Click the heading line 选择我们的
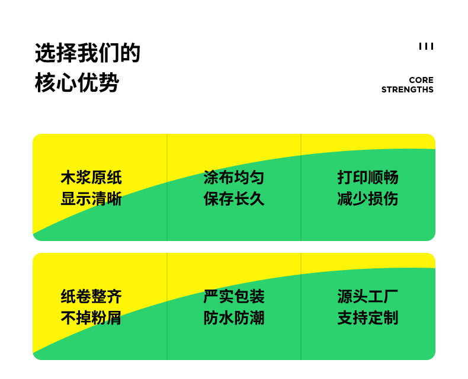pos(88,53)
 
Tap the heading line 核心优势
pos(77,83)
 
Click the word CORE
pos(421,80)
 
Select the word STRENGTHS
pos(408,90)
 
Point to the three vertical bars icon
pos(426,46)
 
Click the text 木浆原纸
pos(91,177)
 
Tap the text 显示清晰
pos(91,198)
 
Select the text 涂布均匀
pos(234,177)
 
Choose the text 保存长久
pos(234,198)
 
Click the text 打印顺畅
pos(368,177)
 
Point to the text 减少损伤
pos(368,198)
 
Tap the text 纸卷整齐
pos(91,296)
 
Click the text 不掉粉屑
pos(91,317)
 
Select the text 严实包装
pos(234,296)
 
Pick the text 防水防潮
pos(234,317)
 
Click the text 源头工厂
pos(368,296)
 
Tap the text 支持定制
pos(368,317)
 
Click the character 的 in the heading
pos(130,53)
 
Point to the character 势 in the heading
pos(109,83)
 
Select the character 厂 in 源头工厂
pos(391,296)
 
